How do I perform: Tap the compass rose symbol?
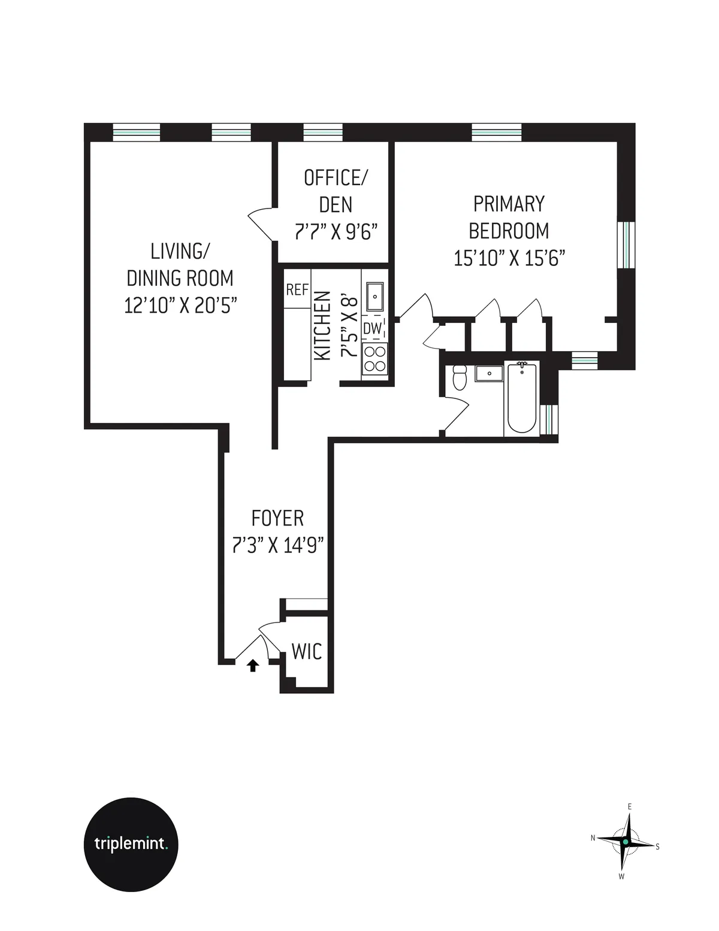[625, 842]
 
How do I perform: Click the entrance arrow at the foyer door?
[252, 665]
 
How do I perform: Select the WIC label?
[307, 651]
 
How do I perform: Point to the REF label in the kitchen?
[297, 290]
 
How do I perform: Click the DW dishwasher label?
[372, 328]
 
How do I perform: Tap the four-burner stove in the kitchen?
[375, 359]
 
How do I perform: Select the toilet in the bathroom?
[460, 377]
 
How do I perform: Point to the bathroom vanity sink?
[490, 373]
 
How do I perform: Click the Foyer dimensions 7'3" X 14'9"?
[277, 545]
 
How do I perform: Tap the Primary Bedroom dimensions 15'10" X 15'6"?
[509, 258]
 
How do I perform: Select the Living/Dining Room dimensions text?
[180, 305]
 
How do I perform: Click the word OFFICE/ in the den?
[336, 178]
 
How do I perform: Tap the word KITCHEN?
[322, 325]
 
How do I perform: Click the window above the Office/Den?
[323, 132]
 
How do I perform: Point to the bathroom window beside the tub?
[549, 419]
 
